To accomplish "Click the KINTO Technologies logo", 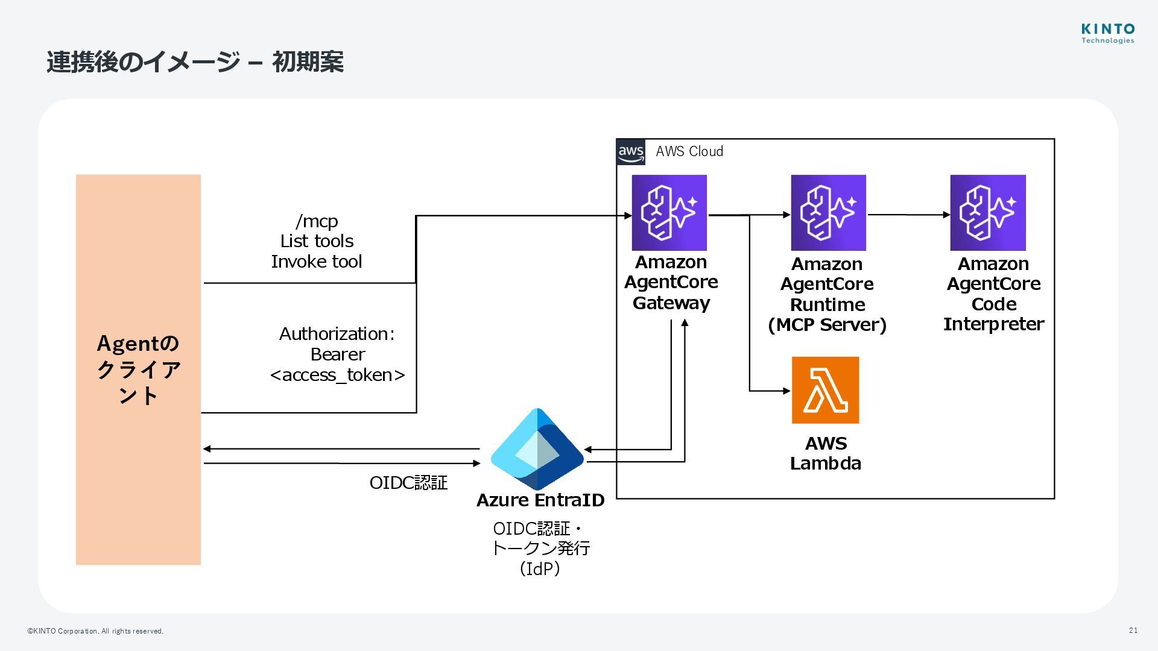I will pyautogui.click(x=1107, y=33).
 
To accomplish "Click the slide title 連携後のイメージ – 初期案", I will pyautogui.click(x=195, y=62).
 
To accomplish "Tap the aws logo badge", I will pyautogui.click(x=631, y=152).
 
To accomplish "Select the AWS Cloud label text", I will pyautogui.click(x=689, y=152).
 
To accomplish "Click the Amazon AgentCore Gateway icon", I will pyautogui.click(x=669, y=213).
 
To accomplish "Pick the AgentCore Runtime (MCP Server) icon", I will pyautogui.click(x=828, y=213).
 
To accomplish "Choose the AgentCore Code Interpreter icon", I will pyautogui.click(x=988, y=213).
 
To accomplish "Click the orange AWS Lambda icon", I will pyautogui.click(x=825, y=390).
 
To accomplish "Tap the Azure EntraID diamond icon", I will pyautogui.click(x=537, y=449).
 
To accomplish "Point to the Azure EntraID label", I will pyautogui.click(x=540, y=500).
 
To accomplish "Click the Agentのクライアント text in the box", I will pyautogui.click(x=138, y=369).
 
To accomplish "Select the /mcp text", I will pyautogui.click(x=317, y=221).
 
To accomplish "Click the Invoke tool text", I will pyautogui.click(x=317, y=262).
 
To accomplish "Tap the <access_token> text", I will pyautogui.click(x=338, y=375).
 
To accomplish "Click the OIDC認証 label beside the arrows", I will pyautogui.click(x=408, y=483).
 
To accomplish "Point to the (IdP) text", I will pyautogui.click(x=540, y=568).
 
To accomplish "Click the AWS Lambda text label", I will pyautogui.click(x=826, y=453).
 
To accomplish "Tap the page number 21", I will pyautogui.click(x=1133, y=631).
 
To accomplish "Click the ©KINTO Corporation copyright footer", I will pyautogui.click(x=95, y=631).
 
